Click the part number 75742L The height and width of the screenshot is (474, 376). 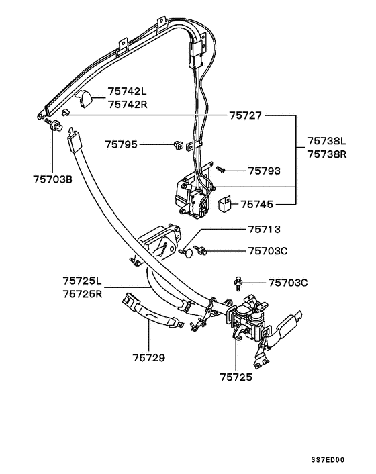point(128,91)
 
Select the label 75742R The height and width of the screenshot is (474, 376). point(128,105)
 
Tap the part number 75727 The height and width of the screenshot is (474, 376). point(246,115)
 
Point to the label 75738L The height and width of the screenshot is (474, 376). point(327,141)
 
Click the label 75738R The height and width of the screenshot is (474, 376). point(327,154)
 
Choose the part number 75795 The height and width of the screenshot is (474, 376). point(122,144)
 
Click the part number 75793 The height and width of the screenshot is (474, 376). point(265,171)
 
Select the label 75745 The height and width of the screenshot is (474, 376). point(257,205)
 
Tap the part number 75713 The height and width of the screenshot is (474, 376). point(265,229)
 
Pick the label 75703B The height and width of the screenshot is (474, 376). point(53,179)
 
